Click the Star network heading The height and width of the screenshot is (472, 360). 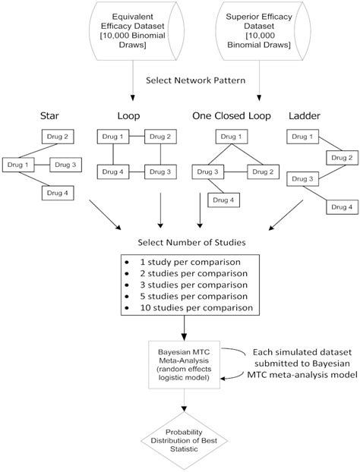coord(49,116)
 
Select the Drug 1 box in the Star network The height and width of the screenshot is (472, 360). coord(18,164)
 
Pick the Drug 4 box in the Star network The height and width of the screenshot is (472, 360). coord(57,192)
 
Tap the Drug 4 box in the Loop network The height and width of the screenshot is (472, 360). coord(111,173)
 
